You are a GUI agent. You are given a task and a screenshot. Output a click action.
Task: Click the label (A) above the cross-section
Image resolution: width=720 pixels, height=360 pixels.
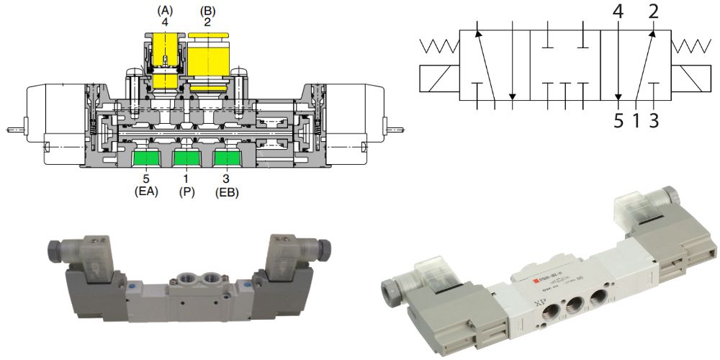click(x=166, y=11)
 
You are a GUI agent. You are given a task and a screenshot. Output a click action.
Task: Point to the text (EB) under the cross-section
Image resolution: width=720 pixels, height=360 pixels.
click(x=228, y=193)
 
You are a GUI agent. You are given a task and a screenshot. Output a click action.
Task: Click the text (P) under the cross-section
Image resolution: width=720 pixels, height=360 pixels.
click(x=187, y=193)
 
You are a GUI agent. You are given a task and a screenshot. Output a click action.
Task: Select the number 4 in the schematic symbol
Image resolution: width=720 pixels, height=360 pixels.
click(x=617, y=12)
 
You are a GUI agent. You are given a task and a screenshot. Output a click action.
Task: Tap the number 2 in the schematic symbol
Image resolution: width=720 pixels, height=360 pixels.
click(x=654, y=12)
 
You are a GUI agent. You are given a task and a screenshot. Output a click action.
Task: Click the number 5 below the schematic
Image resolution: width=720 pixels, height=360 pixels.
click(x=618, y=120)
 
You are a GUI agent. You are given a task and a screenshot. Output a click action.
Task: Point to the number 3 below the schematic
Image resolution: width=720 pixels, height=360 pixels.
click(x=654, y=120)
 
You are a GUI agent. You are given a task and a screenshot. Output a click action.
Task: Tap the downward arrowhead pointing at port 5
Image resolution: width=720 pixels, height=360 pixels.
click(x=618, y=99)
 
